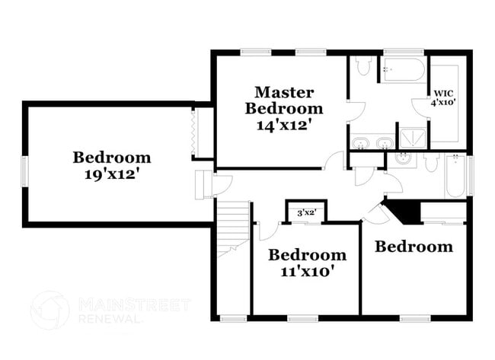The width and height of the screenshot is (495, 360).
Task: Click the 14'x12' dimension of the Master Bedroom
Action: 286,126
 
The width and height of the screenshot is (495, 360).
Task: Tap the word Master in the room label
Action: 284,92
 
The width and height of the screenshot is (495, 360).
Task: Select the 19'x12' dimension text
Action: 112,174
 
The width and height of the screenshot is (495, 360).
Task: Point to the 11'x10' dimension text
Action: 307,272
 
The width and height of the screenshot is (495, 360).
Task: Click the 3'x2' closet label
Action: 307,213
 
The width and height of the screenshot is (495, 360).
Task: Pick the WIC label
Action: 443,94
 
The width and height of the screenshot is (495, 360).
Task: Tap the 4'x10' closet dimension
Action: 443,103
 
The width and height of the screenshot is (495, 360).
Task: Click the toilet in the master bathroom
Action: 363,66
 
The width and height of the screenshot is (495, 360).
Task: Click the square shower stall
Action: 412,139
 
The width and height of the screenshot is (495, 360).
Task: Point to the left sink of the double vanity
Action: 359,143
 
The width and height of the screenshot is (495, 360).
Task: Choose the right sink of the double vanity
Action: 385,143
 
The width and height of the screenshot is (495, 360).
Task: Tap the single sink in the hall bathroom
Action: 402,159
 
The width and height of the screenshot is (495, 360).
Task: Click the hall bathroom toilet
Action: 430,162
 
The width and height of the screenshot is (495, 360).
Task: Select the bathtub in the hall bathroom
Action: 455,175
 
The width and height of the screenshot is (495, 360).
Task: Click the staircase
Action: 234,229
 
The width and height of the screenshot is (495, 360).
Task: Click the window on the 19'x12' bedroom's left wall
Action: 24,171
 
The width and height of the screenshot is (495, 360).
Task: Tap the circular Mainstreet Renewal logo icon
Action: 49,311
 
